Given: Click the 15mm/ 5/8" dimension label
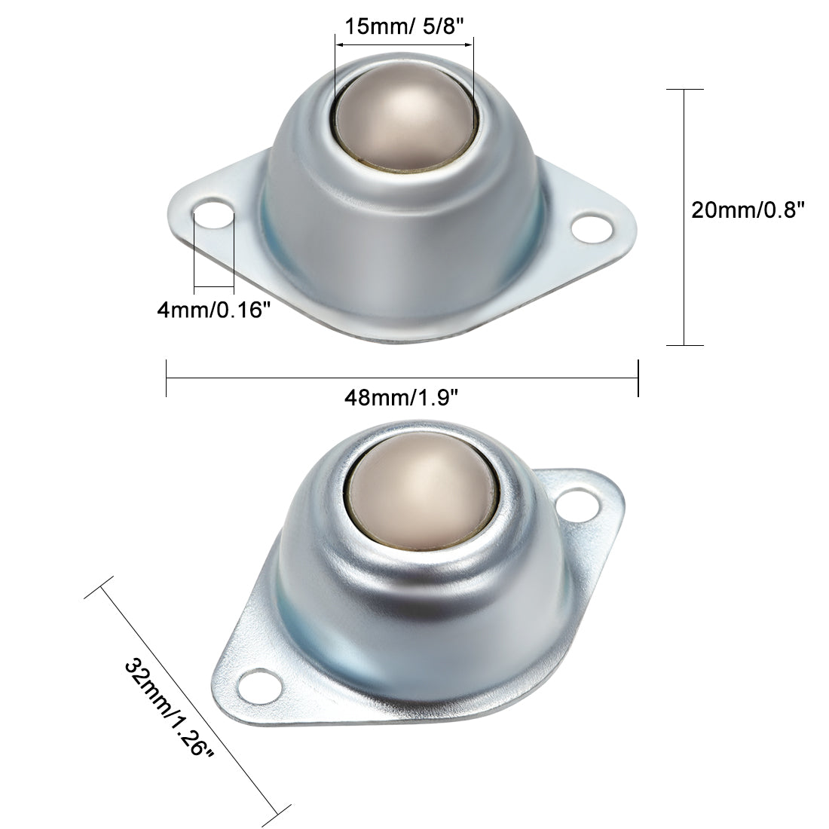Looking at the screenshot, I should point(404,28).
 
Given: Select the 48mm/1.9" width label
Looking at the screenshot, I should point(401,398).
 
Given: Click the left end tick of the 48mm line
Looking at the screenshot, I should point(166,378).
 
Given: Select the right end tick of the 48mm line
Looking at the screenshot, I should point(638,378).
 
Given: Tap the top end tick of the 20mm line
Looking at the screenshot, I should point(684,89).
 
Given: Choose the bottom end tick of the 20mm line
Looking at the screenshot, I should point(684,345).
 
